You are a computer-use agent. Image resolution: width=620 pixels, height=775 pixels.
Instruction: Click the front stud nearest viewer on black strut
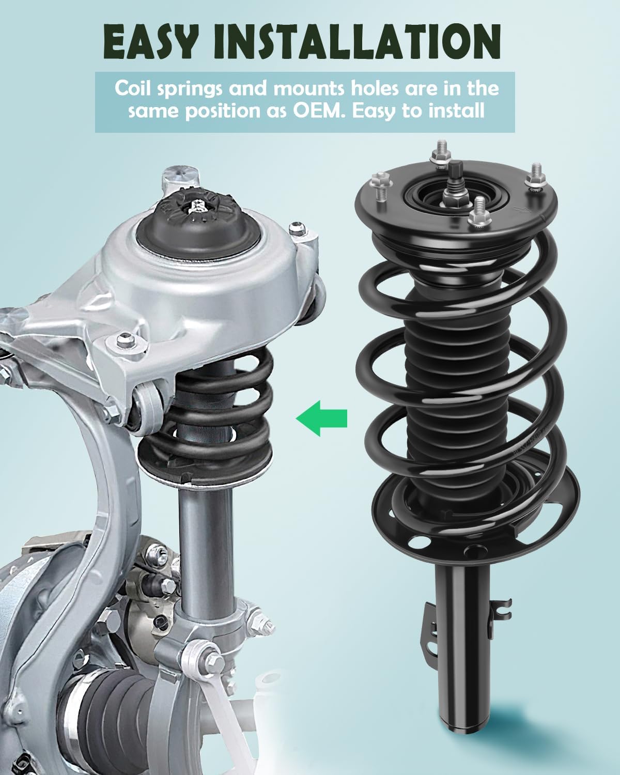(479, 212)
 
